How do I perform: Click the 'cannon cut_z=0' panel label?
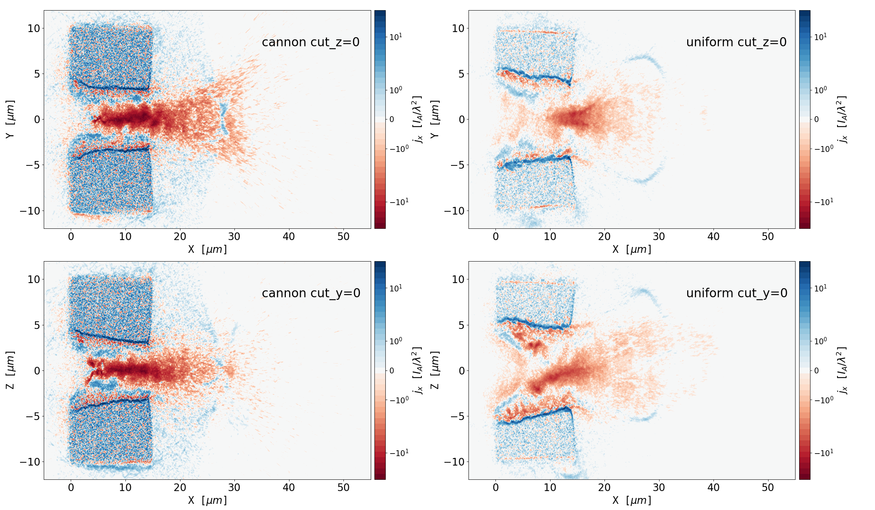click(311, 42)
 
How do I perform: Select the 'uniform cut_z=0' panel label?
click(736, 42)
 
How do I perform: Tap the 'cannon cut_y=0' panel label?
click(311, 293)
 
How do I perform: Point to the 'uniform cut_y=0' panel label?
click(736, 293)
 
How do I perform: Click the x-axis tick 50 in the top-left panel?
click(343, 237)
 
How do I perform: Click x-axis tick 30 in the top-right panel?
click(659, 237)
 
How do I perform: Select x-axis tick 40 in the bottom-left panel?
click(289, 488)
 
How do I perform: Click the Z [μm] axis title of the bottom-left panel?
click(10, 370)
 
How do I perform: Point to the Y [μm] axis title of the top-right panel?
click(435, 119)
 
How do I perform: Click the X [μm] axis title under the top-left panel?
click(207, 250)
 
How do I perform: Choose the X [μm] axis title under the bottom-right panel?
click(631, 501)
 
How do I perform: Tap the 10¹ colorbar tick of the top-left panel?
click(396, 37)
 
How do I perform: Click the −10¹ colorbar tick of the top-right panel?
click(823, 202)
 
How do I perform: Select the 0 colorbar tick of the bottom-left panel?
click(392, 370)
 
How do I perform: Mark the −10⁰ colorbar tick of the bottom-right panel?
click(823, 400)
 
